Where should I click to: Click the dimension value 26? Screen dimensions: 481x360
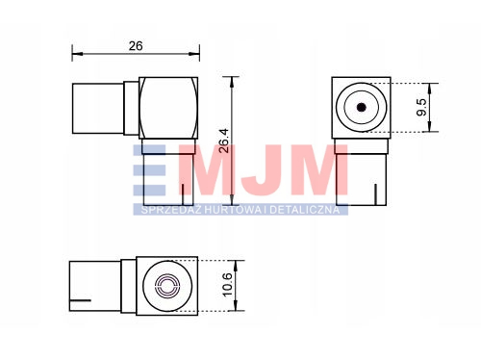tap(136, 46)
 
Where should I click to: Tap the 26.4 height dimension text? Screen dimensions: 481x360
tap(224, 141)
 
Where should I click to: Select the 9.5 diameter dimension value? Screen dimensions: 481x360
tap(421, 107)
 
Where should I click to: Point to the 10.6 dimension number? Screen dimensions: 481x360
tap(227, 285)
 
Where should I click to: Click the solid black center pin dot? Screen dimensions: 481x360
tap(362, 107)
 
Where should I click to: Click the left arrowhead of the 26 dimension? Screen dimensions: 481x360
tap(77, 54)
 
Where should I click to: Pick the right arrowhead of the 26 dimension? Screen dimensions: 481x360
tap(194, 54)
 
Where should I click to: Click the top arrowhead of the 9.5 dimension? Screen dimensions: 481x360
tap(430, 89)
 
